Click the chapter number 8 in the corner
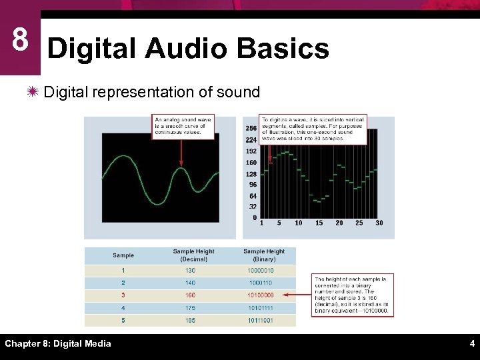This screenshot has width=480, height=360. pyautogui.click(x=20, y=41)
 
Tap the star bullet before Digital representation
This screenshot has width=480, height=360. pyautogui.click(x=34, y=92)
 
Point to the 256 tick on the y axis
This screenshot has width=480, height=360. pyautogui.click(x=251, y=129)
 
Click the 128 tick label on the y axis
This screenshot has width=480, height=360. pyautogui.click(x=251, y=174)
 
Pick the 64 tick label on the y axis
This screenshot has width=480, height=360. pyautogui.click(x=253, y=196)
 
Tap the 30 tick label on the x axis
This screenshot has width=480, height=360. pyautogui.click(x=379, y=223)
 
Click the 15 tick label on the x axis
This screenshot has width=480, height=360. pyautogui.click(x=319, y=223)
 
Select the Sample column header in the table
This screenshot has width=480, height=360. pyautogui.click(x=123, y=255)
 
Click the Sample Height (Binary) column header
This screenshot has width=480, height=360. pyautogui.click(x=264, y=255)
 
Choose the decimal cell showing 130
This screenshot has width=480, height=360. pyautogui.click(x=190, y=271)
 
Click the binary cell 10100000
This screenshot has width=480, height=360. pyautogui.click(x=261, y=295)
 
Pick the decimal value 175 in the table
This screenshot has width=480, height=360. pyautogui.click(x=190, y=307)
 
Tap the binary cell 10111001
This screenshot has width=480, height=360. pyautogui.click(x=261, y=320)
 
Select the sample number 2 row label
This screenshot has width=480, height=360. pyautogui.click(x=123, y=283)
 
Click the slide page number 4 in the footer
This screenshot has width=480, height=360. pyautogui.click(x=471, y=344)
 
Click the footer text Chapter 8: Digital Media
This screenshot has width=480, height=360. pyautogui.click(x=58, y=344)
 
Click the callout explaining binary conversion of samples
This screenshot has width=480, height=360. pyautogui.click(x=352, y=295)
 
